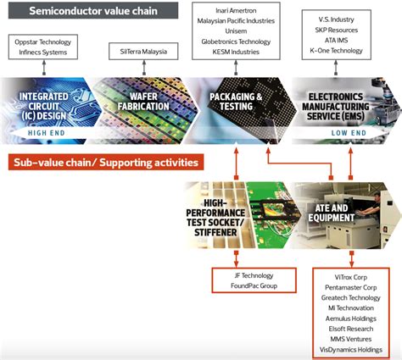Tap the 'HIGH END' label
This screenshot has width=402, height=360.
[x=49, y=134]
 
